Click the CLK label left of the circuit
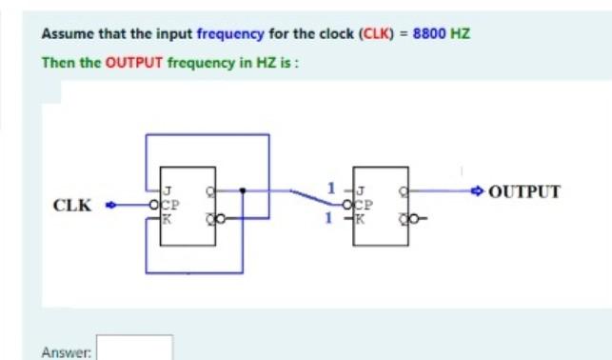click(72, 205)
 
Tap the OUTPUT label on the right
click(523, 190)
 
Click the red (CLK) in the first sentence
click(372, 33)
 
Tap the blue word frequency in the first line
click(230, 33)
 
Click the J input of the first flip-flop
click(169, 190)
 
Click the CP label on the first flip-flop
click(172, 204)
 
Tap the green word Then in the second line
click(56, 62)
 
